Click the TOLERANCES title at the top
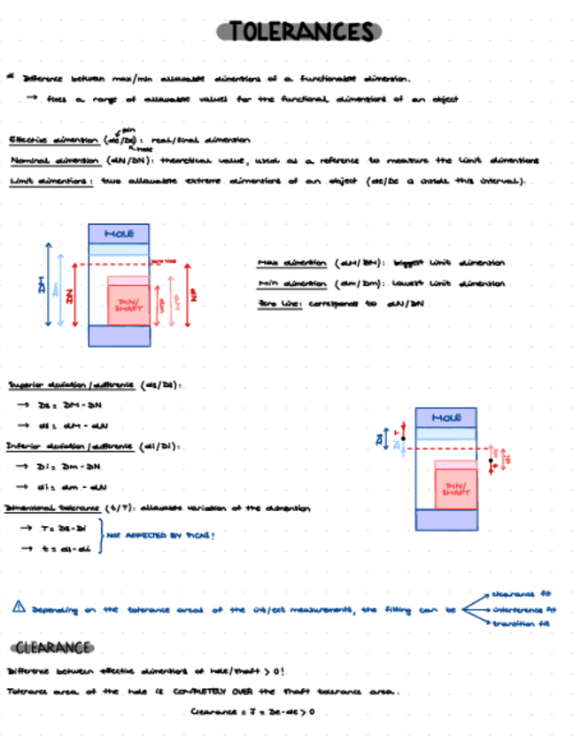(299, 32)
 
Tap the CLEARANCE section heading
(52, 646)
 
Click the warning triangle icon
(19, 608)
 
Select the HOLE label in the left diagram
(120, 234)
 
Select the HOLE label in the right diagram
(445, 417)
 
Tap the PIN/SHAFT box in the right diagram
(455, 489)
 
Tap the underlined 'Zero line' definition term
(279, 304)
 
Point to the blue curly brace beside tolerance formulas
(99, 537)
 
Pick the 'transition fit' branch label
(519, 624)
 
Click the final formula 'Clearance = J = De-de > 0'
(252, 711)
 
